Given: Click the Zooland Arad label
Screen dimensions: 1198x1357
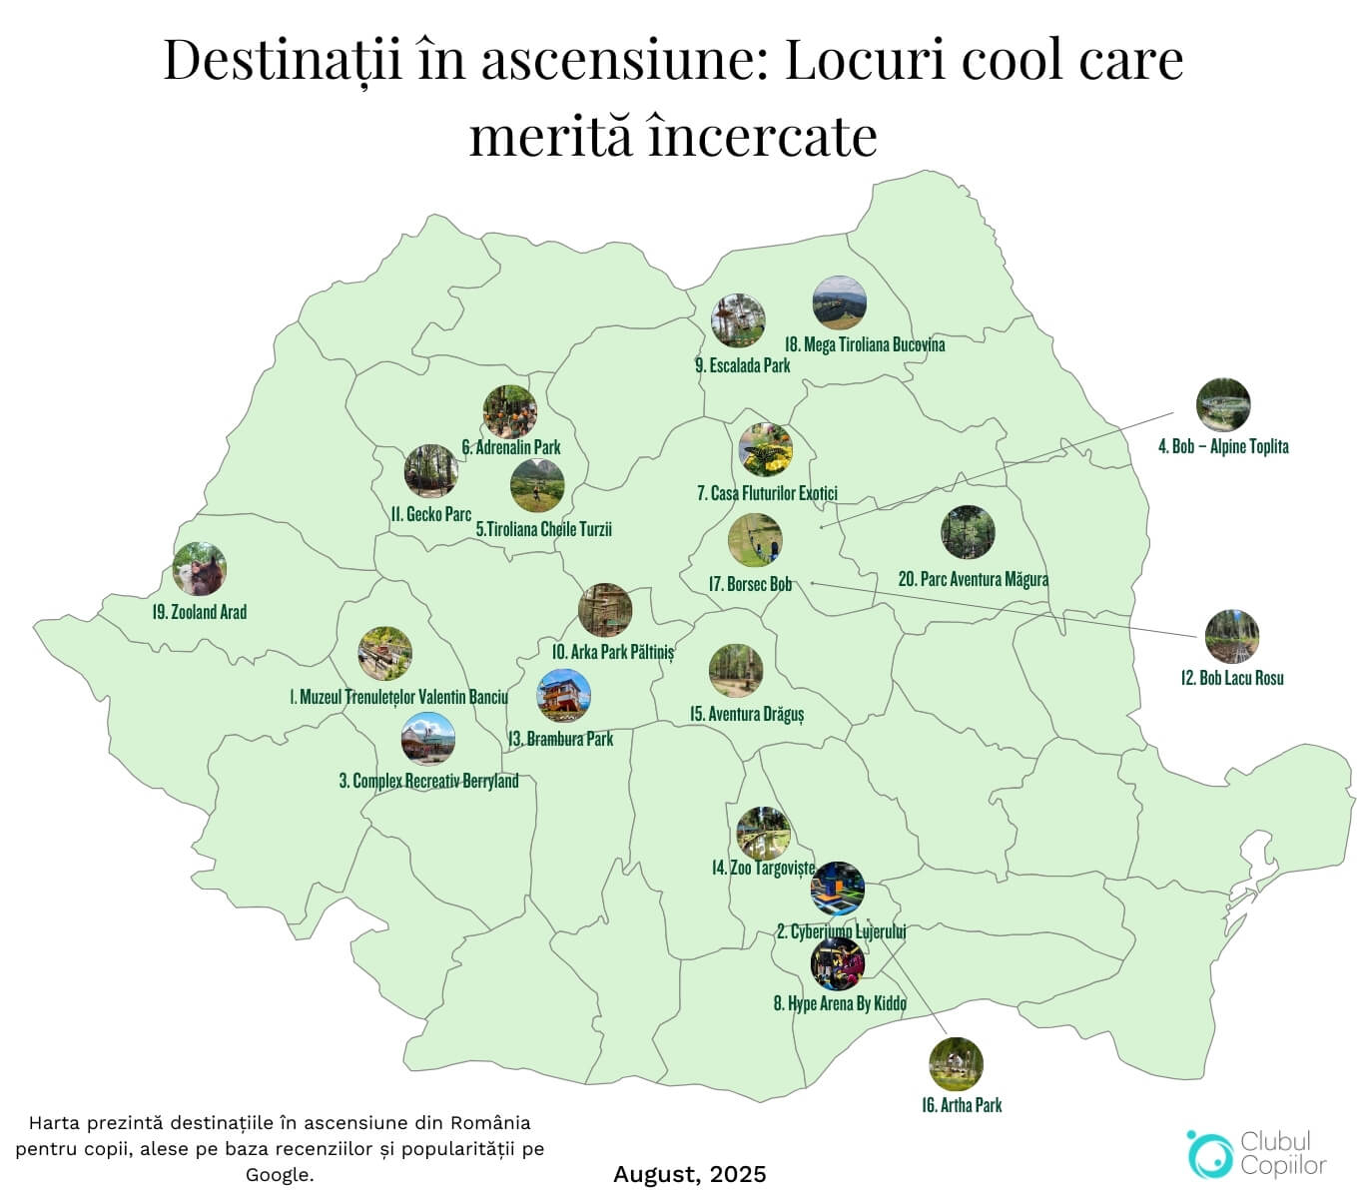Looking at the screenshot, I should (200, 612).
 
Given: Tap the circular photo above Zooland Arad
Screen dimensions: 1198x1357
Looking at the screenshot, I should (199, 569).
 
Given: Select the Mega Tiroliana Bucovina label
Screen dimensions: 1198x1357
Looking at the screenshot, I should (865, 344).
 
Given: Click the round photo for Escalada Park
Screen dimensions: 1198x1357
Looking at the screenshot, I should (738, 320).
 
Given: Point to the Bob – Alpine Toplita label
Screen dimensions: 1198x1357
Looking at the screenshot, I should (1223, 446).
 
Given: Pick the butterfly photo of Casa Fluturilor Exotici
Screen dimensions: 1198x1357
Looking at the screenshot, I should (766, 450).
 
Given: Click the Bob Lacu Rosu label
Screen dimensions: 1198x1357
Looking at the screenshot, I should (1232, 678).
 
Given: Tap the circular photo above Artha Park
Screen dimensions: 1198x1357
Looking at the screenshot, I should (956, 1064).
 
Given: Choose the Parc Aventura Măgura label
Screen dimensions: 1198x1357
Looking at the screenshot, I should (974, 579).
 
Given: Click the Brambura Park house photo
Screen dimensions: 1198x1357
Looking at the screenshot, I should (564, 695).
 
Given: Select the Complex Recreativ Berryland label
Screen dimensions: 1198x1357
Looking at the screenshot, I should (429, 781).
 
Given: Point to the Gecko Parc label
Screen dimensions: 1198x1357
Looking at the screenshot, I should (431, 514).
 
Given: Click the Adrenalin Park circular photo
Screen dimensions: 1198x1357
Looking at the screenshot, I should (509, 411).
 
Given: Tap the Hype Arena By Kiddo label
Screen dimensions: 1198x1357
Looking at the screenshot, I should (840, 1003).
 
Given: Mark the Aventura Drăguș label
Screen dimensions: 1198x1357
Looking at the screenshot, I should (747, 714).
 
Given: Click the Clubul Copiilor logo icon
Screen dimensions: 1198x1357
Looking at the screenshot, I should (1209, 1153).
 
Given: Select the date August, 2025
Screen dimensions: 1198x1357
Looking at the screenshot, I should (690, 1174).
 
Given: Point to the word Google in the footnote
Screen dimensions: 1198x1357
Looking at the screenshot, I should (280, 1175).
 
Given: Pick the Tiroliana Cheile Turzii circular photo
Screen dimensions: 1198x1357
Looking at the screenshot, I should (537, 485).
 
